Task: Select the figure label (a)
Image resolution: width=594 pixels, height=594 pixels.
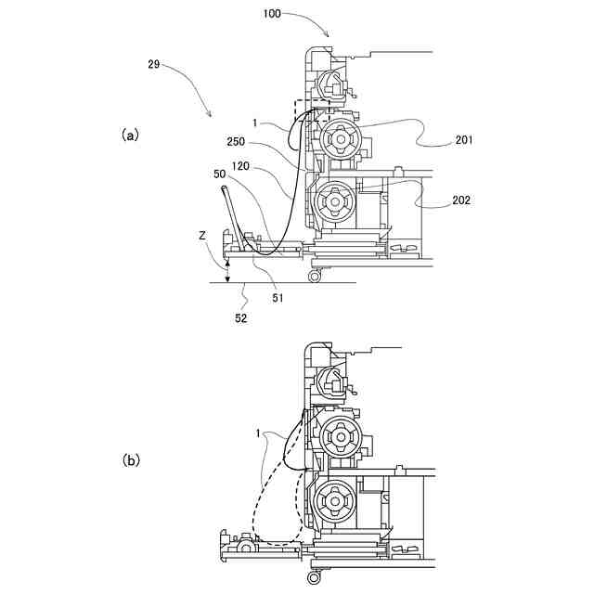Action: (x=130, y=136)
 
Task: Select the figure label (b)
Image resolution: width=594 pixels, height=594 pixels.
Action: (x=130, y=459)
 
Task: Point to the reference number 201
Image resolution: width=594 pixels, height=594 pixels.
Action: (x=464, y=141)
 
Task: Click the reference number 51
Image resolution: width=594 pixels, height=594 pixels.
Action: (x=278, y=298)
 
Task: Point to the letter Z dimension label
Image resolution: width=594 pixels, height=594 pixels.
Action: (x=202, y=237)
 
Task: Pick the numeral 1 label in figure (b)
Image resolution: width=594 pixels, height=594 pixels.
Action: (x=259, y=433)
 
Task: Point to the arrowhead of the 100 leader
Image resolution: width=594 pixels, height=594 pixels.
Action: (x=327, y=34)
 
